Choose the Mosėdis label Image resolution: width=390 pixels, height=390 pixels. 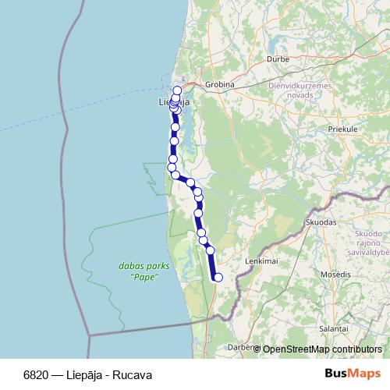point(336,275)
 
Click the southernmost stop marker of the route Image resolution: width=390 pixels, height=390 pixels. point(218,277)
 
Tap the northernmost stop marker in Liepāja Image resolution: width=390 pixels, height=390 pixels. point(177,90)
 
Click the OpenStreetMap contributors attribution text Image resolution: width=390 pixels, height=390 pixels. point(322,349)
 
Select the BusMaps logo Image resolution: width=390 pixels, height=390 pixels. point(354,374)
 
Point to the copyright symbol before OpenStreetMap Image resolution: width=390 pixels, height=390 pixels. point(257,349)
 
